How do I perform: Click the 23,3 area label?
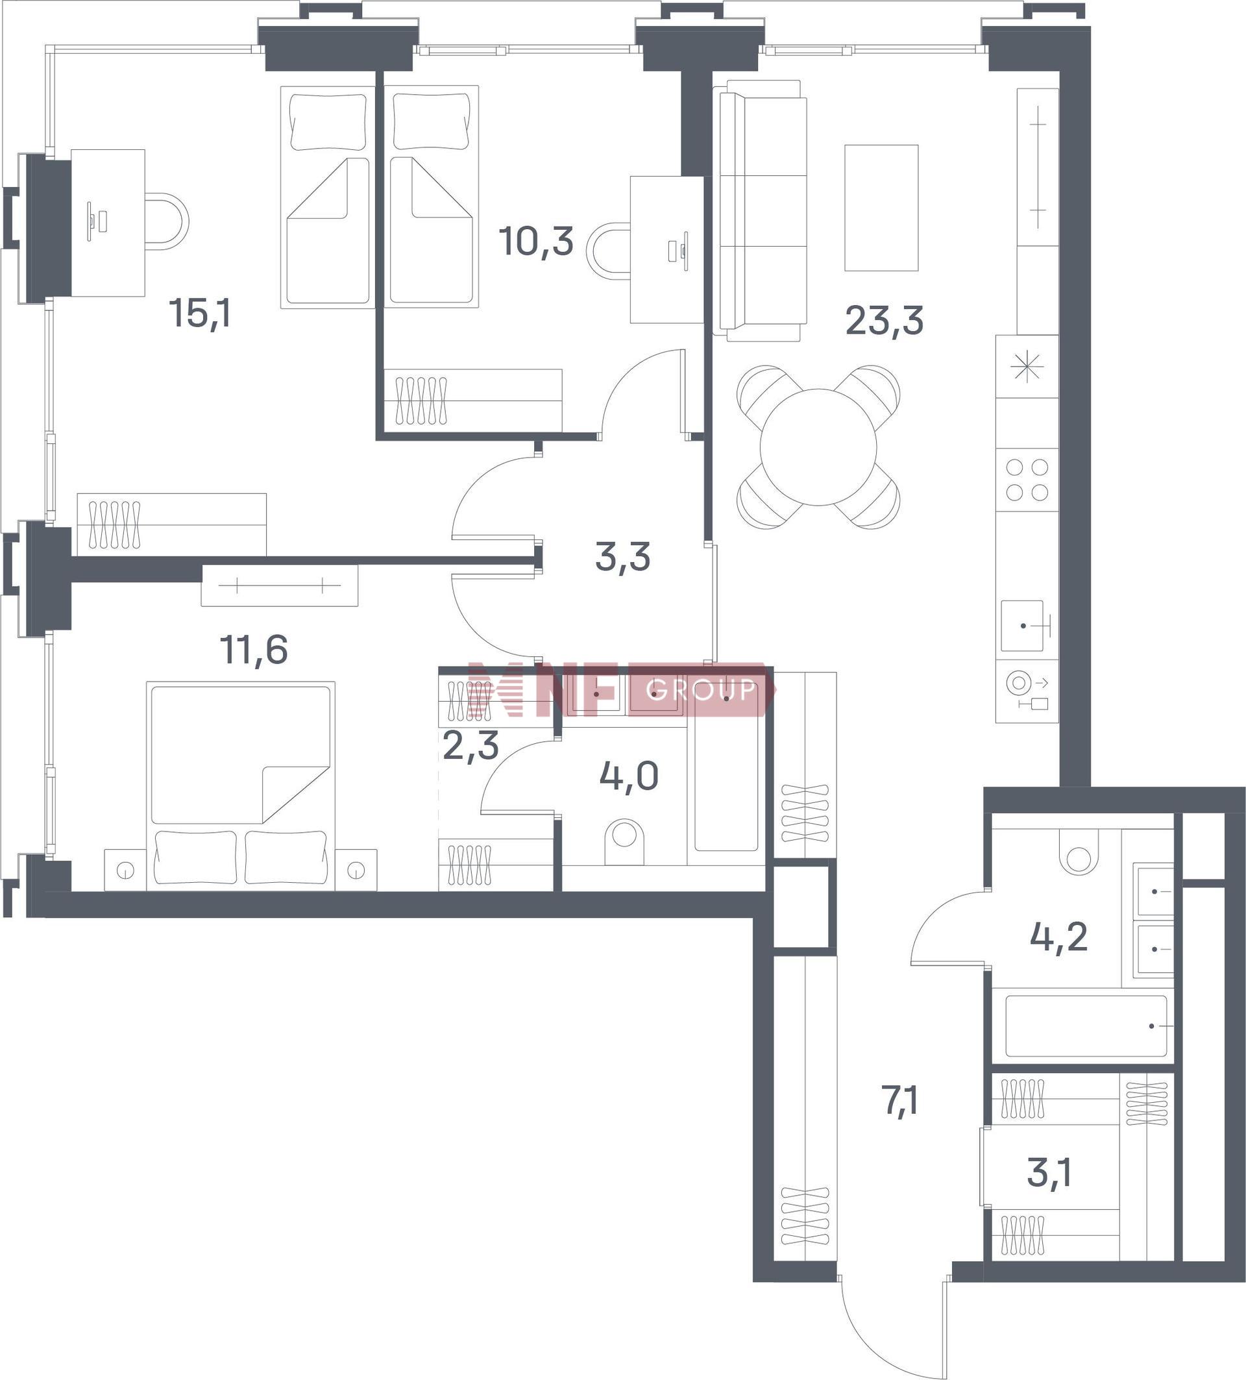[884, 321]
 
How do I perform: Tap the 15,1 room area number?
[200, 314]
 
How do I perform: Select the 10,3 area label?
[536, 241]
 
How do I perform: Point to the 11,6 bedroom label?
[254, 649]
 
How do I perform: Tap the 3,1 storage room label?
[1049, 1172]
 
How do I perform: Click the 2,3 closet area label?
[470, 745]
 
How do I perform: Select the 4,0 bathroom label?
[629, 776]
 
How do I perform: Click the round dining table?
[818, 447]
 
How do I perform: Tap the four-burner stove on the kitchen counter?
[1027, 480]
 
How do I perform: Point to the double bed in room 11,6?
[241, 786]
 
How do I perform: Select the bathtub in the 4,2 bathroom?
[1086, 1026]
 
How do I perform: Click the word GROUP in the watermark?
[701, 689]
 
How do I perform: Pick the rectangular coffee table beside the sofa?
[881, 208]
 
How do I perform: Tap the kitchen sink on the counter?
[1022, 626]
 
